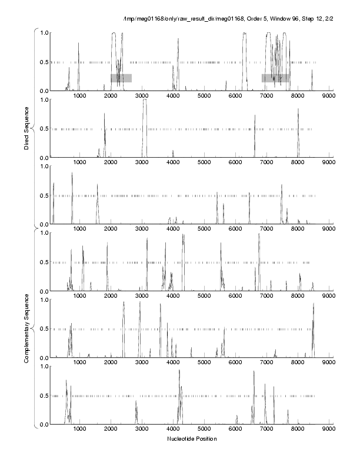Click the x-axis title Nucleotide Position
(191, 439)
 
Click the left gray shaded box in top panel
(121, 78)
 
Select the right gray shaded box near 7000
(276, 78)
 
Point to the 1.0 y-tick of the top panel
(44, 32)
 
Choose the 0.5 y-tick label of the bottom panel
(44, 395)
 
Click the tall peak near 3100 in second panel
(144, 101)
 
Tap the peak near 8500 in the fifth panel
(314, 304)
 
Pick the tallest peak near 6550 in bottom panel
(254, 372)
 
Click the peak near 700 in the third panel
(72, 174)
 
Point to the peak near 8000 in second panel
(298, 109)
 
